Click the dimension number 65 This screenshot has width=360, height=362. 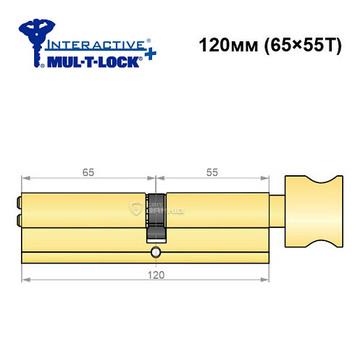[88, 172]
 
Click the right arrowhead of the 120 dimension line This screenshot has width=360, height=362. [264, 279]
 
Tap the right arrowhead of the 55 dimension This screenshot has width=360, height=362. [264, 177]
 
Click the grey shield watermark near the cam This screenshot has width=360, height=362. [136, 211]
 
